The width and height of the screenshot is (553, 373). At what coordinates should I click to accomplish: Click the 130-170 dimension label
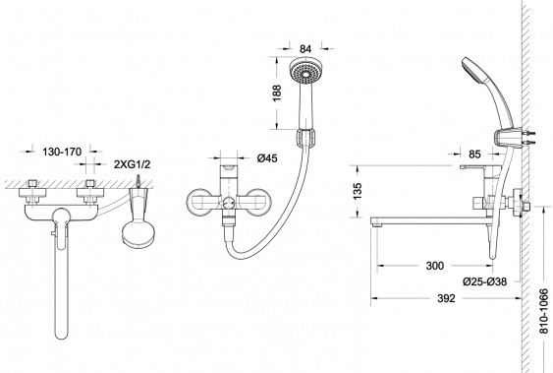62,152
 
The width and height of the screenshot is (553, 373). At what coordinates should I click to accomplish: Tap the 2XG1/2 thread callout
132,164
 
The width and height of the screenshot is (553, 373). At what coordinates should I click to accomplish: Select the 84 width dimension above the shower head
305,49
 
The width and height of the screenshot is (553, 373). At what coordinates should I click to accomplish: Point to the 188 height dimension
277,93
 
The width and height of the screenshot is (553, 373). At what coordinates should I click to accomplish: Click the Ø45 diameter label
267,157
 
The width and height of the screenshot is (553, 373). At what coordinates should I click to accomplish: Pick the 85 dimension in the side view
474,154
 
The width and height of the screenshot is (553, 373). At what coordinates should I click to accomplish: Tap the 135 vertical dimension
358,191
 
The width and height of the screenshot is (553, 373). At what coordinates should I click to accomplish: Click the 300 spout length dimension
435,266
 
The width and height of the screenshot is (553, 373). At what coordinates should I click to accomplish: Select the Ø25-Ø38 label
484,281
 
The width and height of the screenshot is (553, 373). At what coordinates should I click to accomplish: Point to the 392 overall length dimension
446,298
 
